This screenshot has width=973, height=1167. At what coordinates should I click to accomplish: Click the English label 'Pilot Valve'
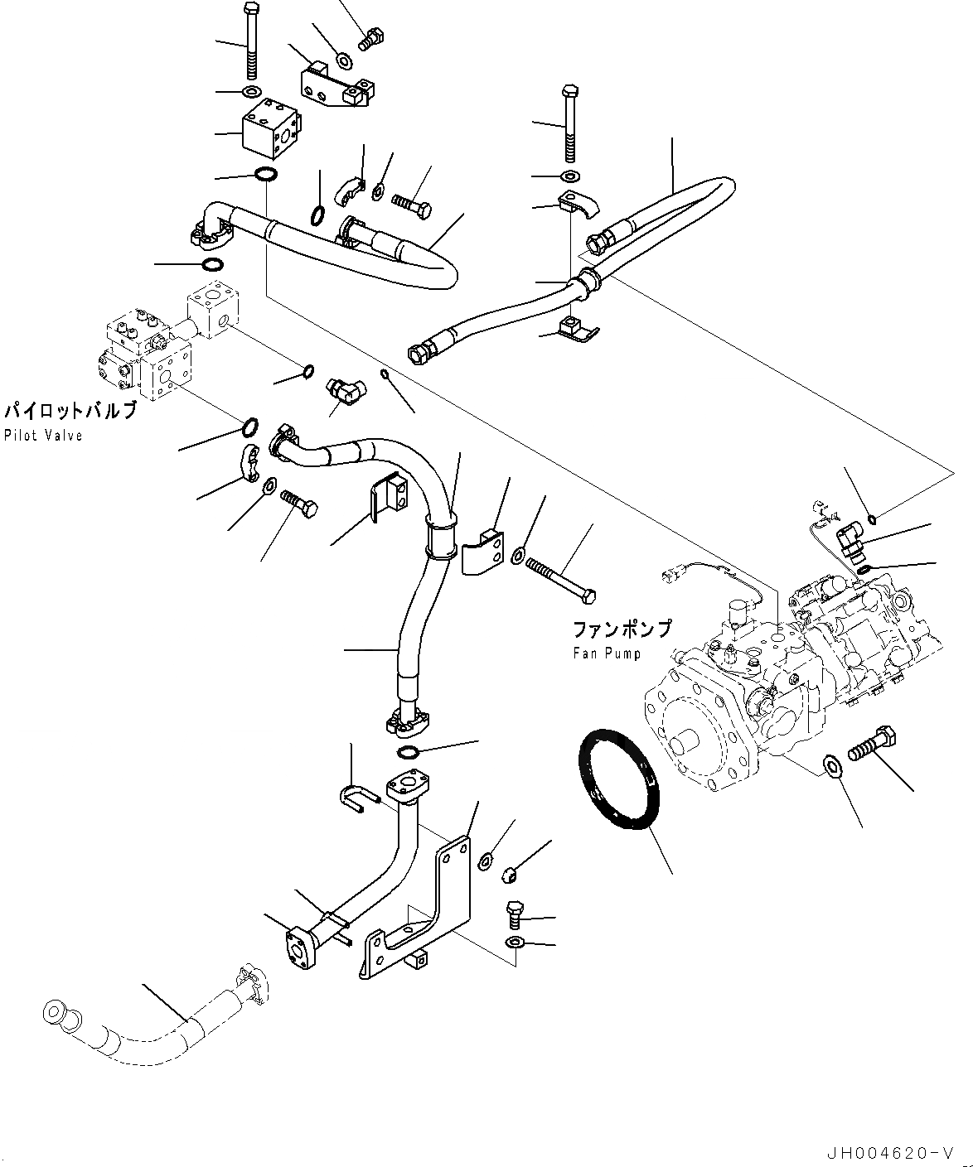pyautogui.click(x=43, y=436)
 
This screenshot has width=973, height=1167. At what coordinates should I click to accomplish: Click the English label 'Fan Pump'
pyautogui.click(x=607, y=653)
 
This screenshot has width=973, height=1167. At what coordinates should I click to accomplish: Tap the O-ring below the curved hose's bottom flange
pyautogui.click(x=408, y=752)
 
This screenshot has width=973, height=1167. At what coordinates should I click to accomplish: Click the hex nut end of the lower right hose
pyautogui.click(x=419, y=354)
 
